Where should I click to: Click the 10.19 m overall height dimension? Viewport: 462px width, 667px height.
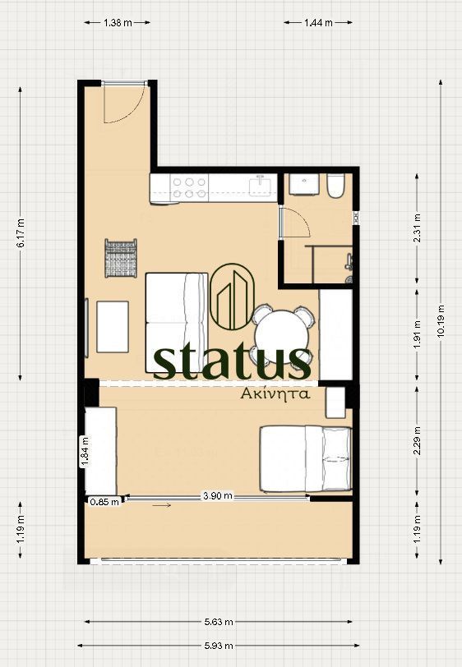pos(441,322)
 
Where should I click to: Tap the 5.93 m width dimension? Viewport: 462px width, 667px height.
pos(219,646)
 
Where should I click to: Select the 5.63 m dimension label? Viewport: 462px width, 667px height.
pos(219,622)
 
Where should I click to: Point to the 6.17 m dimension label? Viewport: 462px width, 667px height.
pos(21,232)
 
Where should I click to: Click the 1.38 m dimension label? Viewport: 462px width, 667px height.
pos(118,22)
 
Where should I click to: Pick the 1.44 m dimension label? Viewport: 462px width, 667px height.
pos(318,22)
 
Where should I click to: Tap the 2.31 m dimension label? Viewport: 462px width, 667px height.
pos(417,228)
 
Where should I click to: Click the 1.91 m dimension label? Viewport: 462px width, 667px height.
pos(417,334)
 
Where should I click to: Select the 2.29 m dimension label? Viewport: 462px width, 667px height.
pos(417,440)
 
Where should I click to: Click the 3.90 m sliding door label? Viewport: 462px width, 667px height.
pos(218,495)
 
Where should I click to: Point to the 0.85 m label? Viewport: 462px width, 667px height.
pos(104,502)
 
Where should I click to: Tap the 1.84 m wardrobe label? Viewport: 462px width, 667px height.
pos(85,451)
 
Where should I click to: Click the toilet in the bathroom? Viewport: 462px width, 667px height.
pos(335,186)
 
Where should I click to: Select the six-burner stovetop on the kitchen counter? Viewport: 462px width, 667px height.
pos(189,187)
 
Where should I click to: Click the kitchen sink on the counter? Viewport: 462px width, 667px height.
pos(260,186)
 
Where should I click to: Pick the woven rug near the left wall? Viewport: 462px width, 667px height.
pos(121,258)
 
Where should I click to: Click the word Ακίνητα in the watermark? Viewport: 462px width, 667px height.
pos(275,393)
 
